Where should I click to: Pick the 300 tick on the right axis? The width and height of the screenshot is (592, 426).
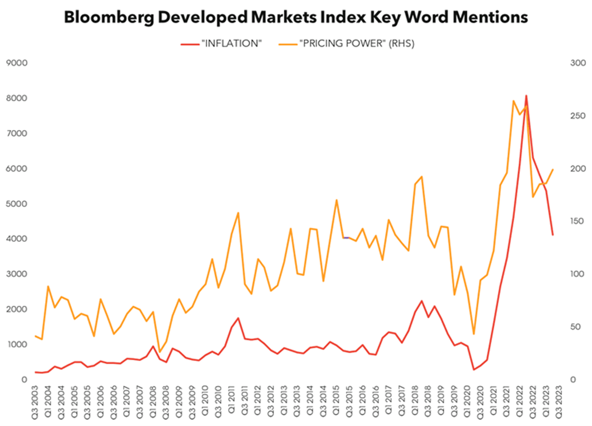pos(578,63)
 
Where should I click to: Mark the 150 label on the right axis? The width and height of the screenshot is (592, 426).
pos(578,221)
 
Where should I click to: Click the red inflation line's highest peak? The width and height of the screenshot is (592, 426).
pos(526,95)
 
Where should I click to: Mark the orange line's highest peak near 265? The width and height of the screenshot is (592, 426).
pos(513,101)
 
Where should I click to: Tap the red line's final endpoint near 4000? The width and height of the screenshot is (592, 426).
pos(553,235)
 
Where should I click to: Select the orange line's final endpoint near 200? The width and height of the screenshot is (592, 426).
pos(553,170)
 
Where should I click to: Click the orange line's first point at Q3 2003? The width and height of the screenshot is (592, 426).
pos(35,336)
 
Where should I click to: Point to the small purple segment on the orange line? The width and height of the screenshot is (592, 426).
pos(346,238)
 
